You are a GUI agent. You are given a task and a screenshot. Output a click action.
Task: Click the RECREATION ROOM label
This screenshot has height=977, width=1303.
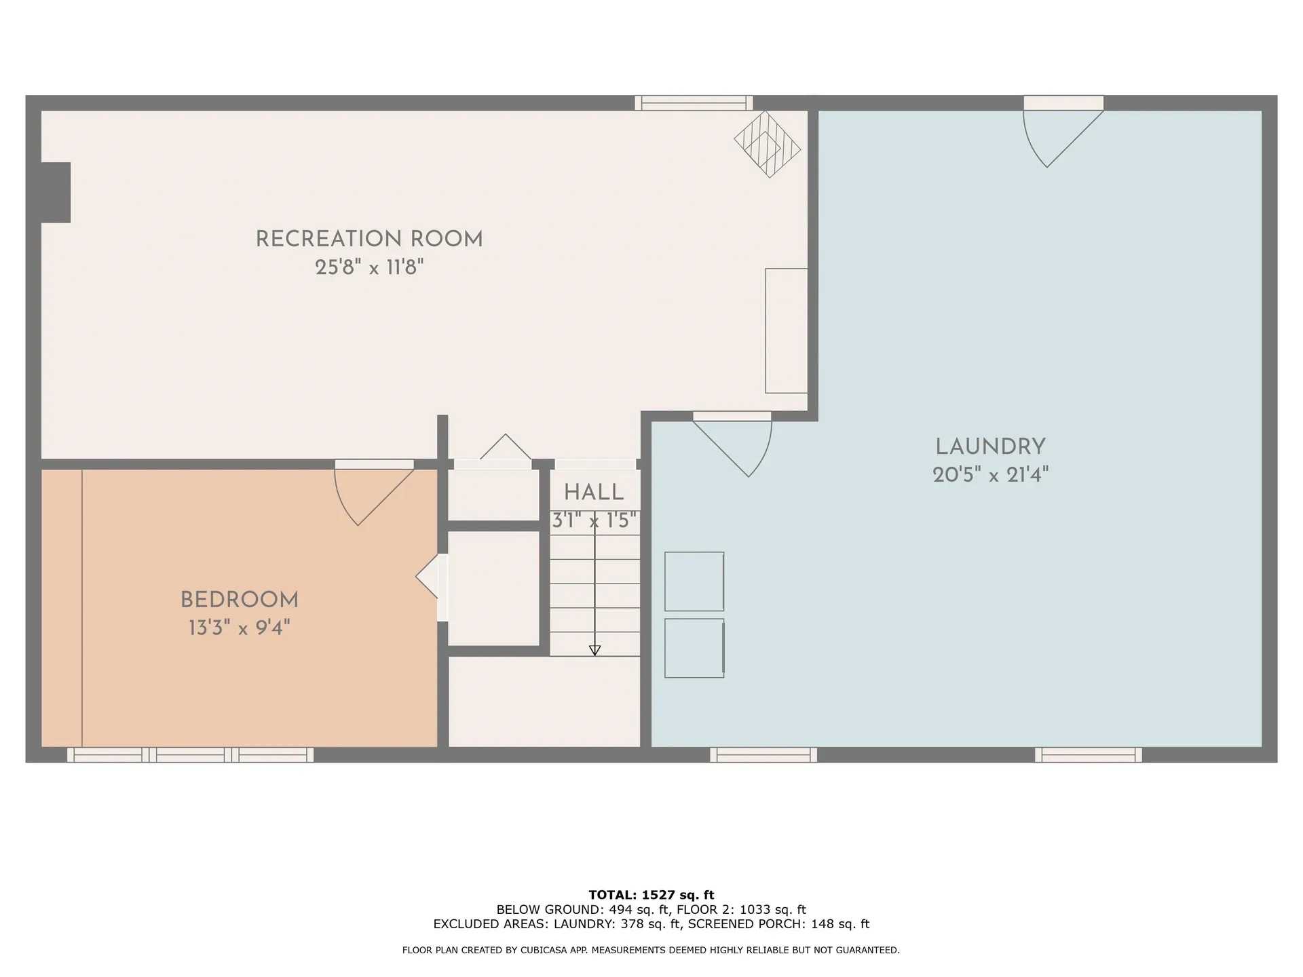coord(369,239)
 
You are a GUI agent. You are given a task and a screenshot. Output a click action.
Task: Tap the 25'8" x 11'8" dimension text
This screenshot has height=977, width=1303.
coord(369,267)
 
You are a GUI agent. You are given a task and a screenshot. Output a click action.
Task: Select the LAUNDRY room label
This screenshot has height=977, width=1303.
coord(990,446)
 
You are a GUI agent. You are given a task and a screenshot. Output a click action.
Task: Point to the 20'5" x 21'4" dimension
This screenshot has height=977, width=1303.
coord(990,475)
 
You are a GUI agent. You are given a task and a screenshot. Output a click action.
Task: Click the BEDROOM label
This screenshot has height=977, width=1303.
coord(239,600)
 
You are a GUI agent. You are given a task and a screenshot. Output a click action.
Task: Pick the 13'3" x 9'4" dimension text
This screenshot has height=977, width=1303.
coord(239,628)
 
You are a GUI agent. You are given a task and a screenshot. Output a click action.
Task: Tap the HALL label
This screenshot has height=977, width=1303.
coord(594,493)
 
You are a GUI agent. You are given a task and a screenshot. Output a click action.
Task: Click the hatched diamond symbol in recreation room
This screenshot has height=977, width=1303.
coord(767,145)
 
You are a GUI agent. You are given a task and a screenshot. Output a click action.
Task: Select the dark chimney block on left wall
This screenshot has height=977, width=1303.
coord(56,192)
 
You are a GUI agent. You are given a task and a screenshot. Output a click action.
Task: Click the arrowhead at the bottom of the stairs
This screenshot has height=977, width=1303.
coord(594,650)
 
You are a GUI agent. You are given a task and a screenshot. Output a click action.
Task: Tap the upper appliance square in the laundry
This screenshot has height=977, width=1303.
coord(694,581)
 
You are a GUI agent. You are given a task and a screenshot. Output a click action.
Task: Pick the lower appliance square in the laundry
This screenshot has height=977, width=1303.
coord(694,648)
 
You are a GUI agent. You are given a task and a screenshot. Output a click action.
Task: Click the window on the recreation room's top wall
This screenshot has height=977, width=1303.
coord(694,103)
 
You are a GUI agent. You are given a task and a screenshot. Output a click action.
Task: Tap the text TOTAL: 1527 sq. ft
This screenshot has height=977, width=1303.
coord(651,895)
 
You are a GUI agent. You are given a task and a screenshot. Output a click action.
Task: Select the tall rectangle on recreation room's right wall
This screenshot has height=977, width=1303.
coord(786,330)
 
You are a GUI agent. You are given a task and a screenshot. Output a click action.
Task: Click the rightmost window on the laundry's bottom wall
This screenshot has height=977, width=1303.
coord(1088,754)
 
